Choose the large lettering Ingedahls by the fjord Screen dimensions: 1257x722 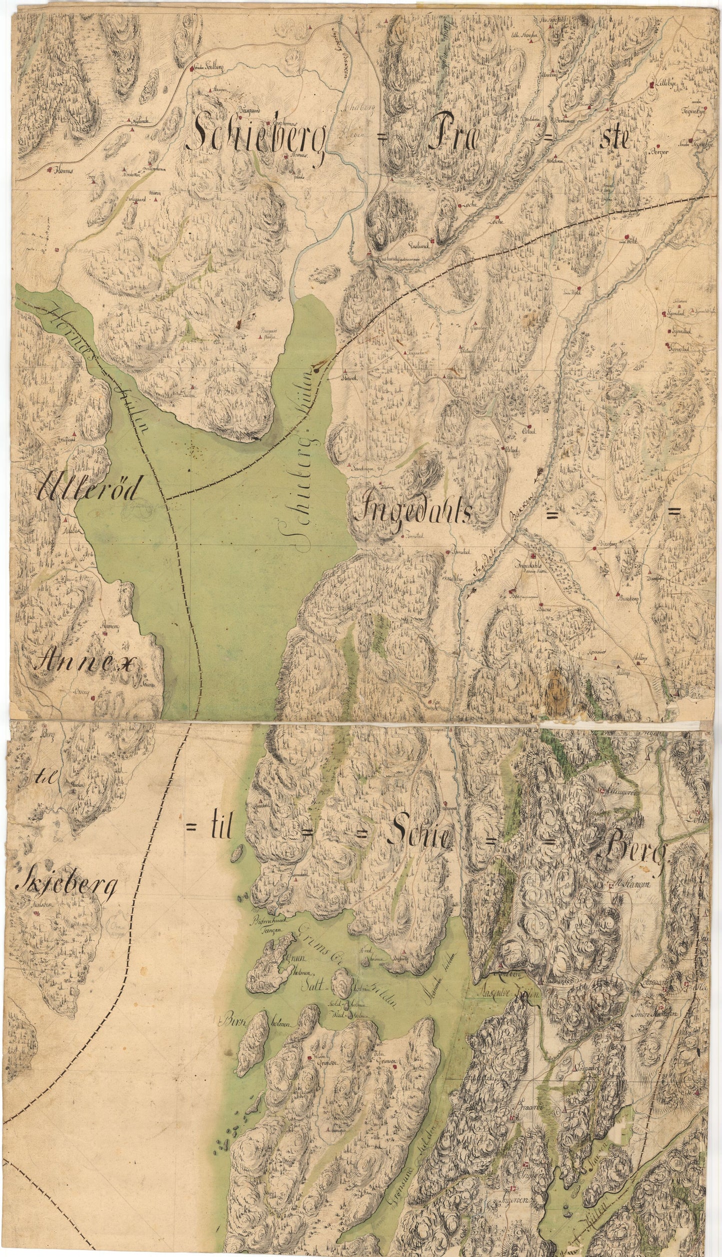[x=412, y=510]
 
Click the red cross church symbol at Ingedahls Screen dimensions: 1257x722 [x=534, y=558]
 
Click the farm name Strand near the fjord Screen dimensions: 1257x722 [x=348, y=379]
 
